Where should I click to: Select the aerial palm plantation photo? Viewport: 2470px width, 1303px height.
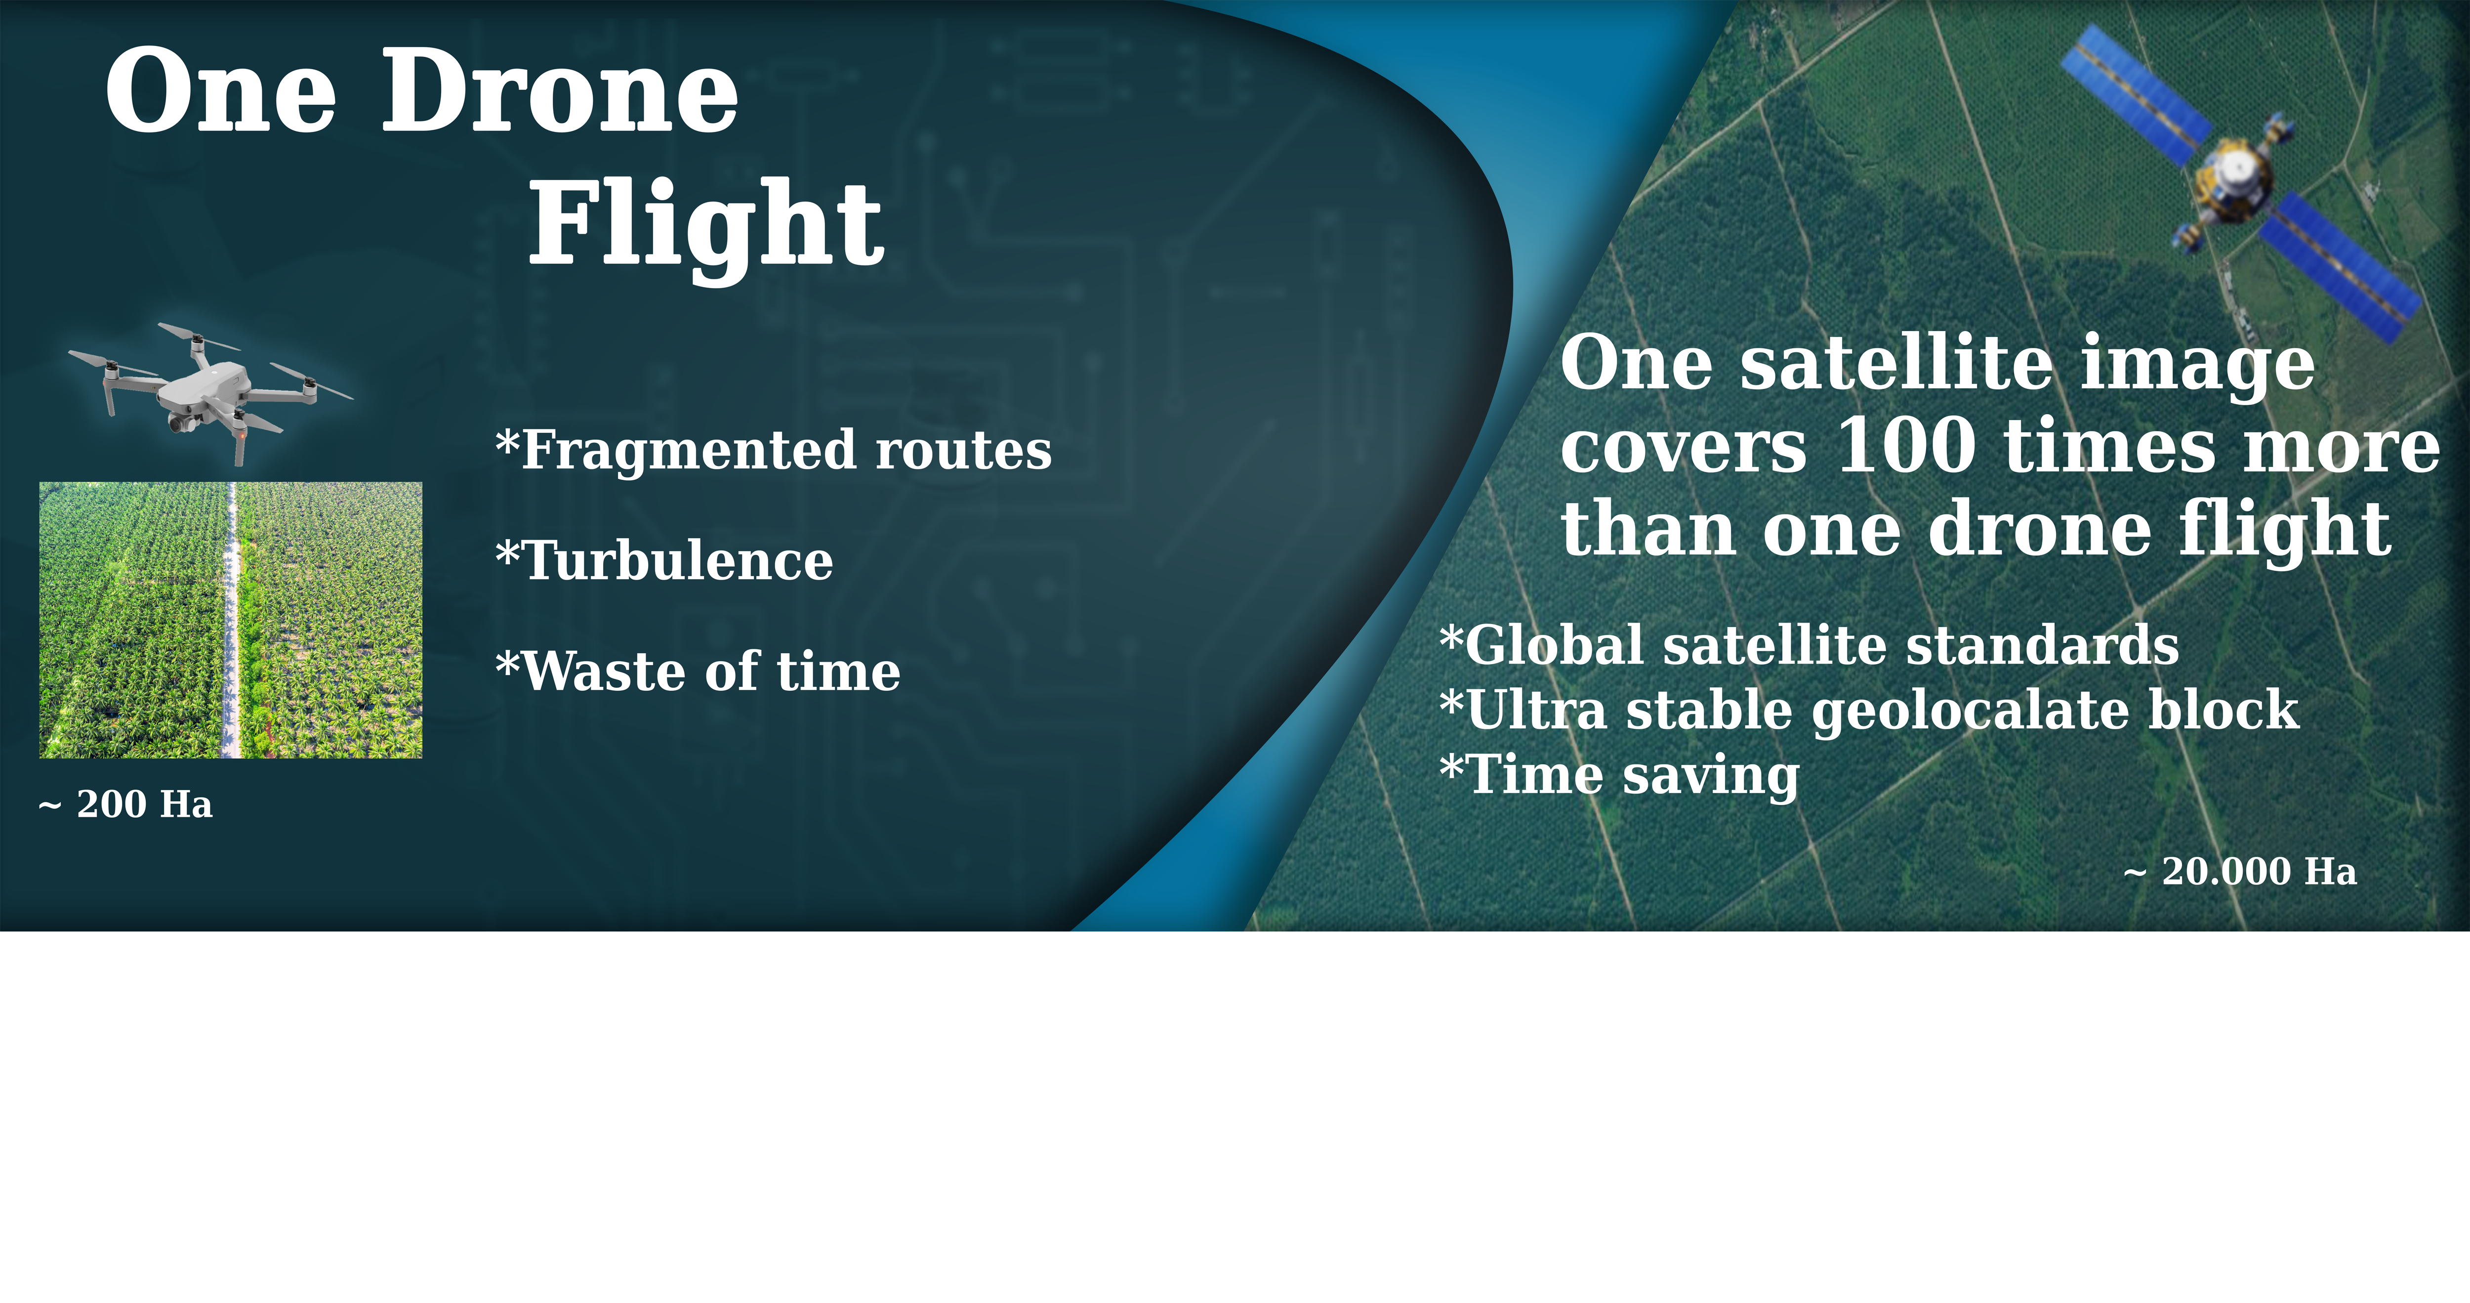[230, 620]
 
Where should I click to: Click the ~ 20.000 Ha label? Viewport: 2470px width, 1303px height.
[2240, 872]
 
